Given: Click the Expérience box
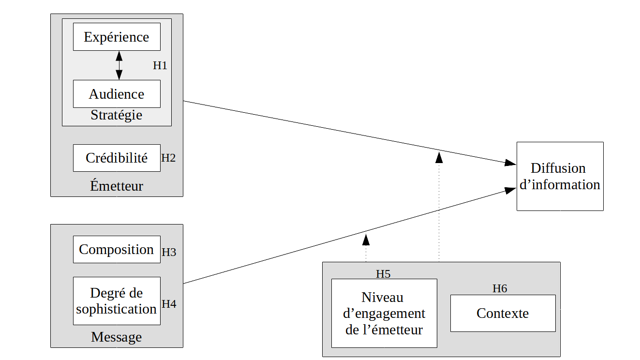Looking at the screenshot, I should pos(117,37).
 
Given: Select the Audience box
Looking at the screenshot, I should pos(117,94).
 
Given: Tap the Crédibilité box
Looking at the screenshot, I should pos(117,158).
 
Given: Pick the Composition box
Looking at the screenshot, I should pos(117,250).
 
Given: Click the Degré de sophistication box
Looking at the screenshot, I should pos(117,301).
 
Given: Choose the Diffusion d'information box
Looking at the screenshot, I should pos(560,176).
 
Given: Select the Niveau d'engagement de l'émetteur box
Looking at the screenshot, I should pos(384,313).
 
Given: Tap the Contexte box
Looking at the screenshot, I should pos(503,313).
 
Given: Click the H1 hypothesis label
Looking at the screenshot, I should pos(160,66).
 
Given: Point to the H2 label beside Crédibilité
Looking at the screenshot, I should pos(168,158).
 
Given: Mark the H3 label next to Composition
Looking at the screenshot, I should pos(169,252).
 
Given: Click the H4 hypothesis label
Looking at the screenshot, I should pos(169,304).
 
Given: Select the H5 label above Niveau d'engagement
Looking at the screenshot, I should pos(383,274).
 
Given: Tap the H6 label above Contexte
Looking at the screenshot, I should pos(500,288).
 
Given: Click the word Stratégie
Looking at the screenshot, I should pos(117,115).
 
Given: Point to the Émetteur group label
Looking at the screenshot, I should pos(117,186).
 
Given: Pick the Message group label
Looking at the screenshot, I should pos(117,337).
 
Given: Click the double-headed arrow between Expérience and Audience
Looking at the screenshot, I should pos(119,65).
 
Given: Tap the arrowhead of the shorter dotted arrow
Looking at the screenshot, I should pos(366,239).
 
